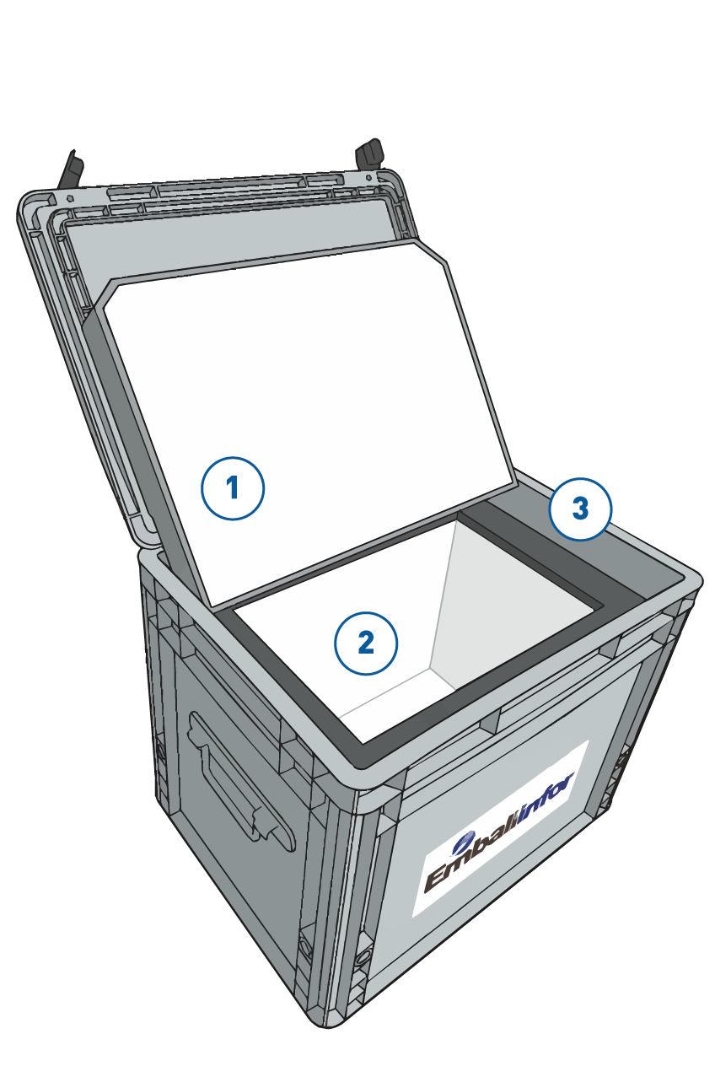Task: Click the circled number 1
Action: (x=233, y=488)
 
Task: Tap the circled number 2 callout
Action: (x=366, y=643)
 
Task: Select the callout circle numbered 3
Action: (x=580, y=509)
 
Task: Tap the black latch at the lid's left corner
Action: (x=71, y=170)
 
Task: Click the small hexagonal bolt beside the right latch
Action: (x=368, y=177)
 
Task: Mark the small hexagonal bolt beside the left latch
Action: (x=71, y=197)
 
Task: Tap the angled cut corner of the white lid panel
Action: (x=431, y=250)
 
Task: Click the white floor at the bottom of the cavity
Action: (x=395, y=692)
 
